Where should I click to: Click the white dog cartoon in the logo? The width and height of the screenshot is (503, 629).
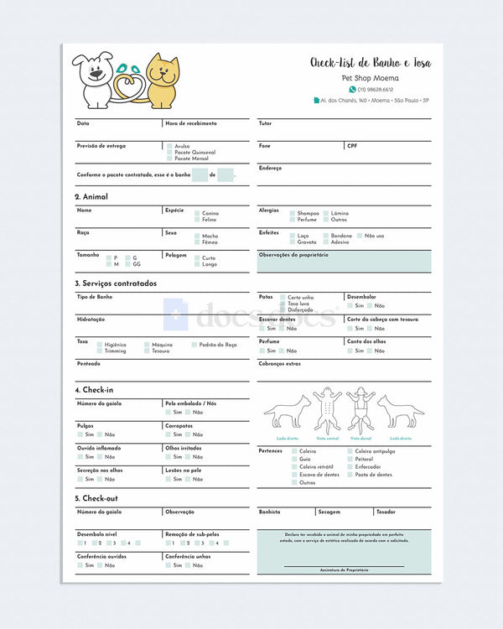pyautogui.click(x=93, y=80)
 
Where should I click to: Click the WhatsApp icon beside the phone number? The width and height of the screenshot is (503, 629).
pyautogui.click(x=353, y=89)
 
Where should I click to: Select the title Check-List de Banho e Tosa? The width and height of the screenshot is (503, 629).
pyautogui.click(x=371, y=63)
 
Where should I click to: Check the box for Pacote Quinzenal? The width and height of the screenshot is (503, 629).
pyautogui.click(x=169, y=153)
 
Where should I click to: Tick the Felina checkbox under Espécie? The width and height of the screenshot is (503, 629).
pyautogui.click(x=197, y=220)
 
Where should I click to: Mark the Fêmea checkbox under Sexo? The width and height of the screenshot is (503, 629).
pyautogui.click(x=197, y=242)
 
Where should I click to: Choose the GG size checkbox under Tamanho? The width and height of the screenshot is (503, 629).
pyautogui.click(x=127, y=264)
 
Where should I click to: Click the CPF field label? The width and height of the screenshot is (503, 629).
pyautogui.click(x=352, y=145)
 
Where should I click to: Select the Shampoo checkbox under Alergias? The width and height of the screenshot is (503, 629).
pyautogui.click(x=293, y=213)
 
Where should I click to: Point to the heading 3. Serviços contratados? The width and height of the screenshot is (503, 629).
pyautogui.click(x=116, y=283)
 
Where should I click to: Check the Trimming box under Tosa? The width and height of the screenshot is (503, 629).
pyautogui.click(x=99, y=351)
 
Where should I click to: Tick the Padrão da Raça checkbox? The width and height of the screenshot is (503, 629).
pyautogui.click(x=194, y=345)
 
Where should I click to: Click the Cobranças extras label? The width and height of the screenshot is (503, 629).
pyautogui.click(x=279, y=364)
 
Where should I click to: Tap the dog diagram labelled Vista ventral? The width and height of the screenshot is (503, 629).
pyautogui.click(x=328, y=410)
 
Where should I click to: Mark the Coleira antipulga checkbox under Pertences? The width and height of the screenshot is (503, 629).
pyautogui.click(x=348, y=451)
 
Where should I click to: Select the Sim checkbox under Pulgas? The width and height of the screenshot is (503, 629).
pyautogui.click(x=80, y=434)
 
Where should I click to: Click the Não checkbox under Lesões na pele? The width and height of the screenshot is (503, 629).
pyautogui.click(x=189, y=479)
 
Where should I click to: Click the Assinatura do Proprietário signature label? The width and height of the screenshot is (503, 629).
pyautogui.click(x=344, y=569)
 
